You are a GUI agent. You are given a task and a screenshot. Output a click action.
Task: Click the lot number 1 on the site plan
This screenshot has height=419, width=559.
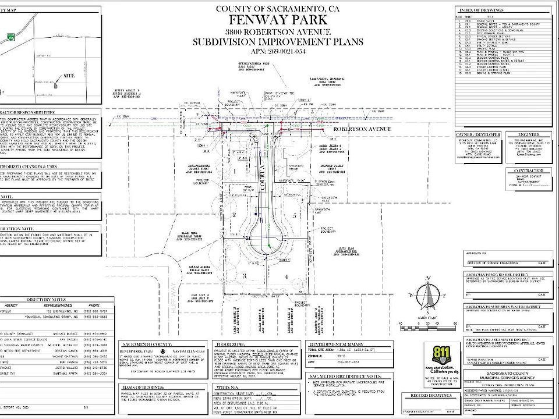point(234,172)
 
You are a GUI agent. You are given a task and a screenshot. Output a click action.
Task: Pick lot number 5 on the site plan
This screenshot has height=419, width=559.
point(296,215)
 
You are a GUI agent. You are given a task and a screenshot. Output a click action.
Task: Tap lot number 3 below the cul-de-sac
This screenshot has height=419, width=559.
point(245,275)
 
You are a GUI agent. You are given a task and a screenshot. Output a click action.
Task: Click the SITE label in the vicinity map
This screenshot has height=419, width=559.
point(69,76)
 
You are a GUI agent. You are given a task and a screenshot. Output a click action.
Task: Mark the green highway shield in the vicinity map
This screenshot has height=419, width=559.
point(11,37)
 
